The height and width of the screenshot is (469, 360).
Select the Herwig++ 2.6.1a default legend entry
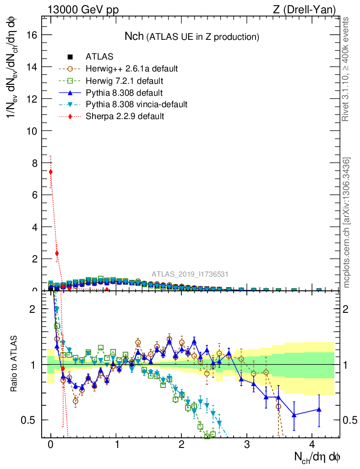pos(131,69)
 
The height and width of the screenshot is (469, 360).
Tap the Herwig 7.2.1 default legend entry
pos(124,81)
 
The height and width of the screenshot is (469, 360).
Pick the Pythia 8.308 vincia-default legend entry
pos(136,104)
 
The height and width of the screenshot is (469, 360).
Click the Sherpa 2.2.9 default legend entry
pos(125,116)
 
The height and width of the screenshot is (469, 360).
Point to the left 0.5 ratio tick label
pos(29,420)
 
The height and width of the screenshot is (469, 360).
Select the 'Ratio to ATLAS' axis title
pos(15,364)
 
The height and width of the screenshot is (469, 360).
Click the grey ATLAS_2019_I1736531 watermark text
pos(190,274)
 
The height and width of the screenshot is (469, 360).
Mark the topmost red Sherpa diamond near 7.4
pos(51,172)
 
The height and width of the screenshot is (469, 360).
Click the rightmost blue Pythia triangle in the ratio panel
pos(319,409)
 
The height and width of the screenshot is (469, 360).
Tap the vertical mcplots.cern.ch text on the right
pos(347,223)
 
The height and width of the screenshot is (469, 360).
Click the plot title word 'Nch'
pos(134,36)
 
